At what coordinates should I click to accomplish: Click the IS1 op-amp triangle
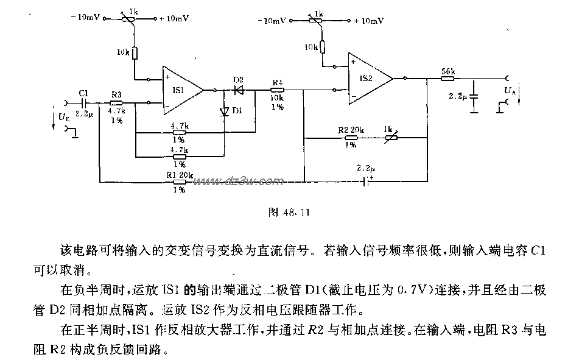[183, 89]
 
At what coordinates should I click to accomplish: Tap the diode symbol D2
[239, 90]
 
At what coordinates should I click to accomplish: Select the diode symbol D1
[224, 111]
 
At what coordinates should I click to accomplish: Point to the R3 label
[116, 94]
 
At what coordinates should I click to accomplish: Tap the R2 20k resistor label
[351, 130]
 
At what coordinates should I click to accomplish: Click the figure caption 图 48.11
[289, 213]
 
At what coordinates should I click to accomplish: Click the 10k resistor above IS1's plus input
[136, 54]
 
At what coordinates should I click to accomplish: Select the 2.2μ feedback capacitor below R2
[366, 180]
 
